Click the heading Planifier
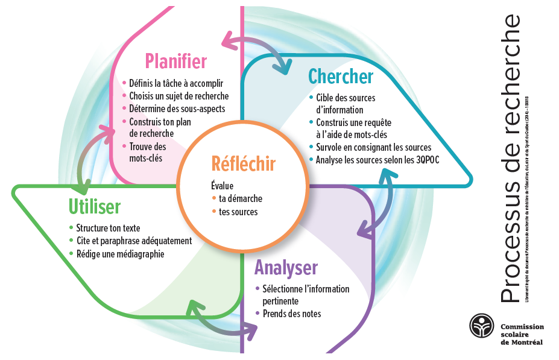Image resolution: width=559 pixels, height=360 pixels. (175, 62)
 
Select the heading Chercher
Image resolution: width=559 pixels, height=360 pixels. (340, 77)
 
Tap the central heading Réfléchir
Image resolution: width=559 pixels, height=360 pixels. (243, 163)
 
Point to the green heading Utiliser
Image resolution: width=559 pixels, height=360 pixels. (94, 207)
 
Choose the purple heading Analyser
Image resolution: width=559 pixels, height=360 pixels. (285, 267)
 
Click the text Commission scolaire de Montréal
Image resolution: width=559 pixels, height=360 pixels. (522, 334)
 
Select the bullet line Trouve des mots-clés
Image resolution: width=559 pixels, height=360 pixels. (147, 152)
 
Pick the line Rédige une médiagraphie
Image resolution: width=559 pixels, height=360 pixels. (120, 254)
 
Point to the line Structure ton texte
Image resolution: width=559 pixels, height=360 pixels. (108, 228)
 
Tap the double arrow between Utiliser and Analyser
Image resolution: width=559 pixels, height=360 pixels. (221, 318)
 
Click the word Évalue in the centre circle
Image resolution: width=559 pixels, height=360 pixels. (222, 186)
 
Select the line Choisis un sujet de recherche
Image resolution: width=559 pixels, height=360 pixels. (179, 96)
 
